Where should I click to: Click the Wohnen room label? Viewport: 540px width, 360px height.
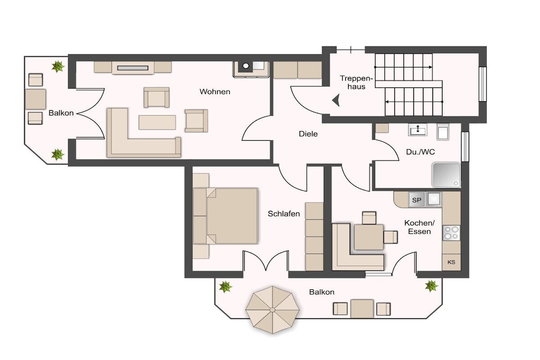[x=215, y=92]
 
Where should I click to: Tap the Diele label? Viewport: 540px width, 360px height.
[x=308, y=134]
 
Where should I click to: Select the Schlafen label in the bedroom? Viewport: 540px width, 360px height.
[x=284, y=213]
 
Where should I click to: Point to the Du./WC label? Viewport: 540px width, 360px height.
[x=420, y=152]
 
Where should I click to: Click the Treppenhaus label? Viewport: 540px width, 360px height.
[x=355, y=82]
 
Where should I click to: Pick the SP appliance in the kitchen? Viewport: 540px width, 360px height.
[x=417, y=200]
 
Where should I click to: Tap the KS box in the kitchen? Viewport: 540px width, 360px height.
[x=451, y=262]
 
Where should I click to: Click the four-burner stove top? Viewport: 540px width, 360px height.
[x=451, y=232]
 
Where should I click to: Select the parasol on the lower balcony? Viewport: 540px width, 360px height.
[x=273, y=310]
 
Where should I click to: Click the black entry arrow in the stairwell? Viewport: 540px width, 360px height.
[x=336, y=101]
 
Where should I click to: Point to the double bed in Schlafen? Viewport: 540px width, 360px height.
[x=225, y=216]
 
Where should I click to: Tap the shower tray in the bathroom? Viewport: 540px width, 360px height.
[x=447, y=175]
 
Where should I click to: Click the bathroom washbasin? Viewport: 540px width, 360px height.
[x=418, y=130]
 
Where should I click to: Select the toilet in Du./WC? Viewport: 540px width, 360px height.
[x=443, y=131]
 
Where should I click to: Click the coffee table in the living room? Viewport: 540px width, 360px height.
[x=157, y=122]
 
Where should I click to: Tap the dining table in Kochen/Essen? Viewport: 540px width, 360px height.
[x=369, y=237]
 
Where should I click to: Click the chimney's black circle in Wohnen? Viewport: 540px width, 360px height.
[x=246, y=65]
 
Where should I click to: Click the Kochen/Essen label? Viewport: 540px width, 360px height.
[x=419, y=227]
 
